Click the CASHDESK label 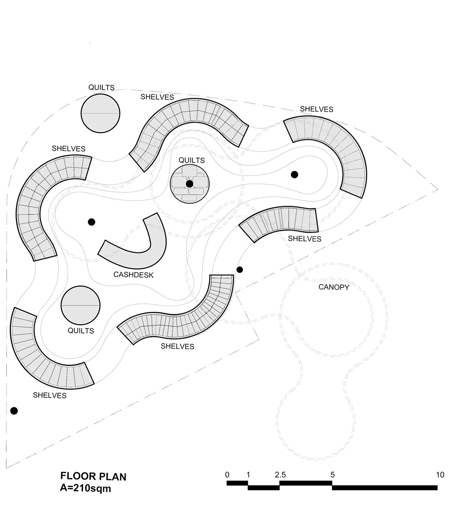pos(133,275)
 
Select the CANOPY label pos(334,287)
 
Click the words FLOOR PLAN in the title pos(93,476)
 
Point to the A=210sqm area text pos(85,488)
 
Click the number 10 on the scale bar pos(440,475)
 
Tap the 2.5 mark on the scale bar pos(280,475)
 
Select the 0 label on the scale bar pos(227,475)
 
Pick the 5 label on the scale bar pos(333,475)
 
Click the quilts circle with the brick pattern pos(190,183)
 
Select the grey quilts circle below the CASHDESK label pos(81,305)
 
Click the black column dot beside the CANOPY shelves pos(240,269)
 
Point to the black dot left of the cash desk pos(91,222)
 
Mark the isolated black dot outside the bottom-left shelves pos(14,411)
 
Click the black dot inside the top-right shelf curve pos(295,174)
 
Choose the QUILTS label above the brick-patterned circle pos(192,160)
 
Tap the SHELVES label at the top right pos(317,109)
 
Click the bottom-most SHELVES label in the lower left pos(50,395)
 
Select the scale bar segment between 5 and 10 pos(385,487)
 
